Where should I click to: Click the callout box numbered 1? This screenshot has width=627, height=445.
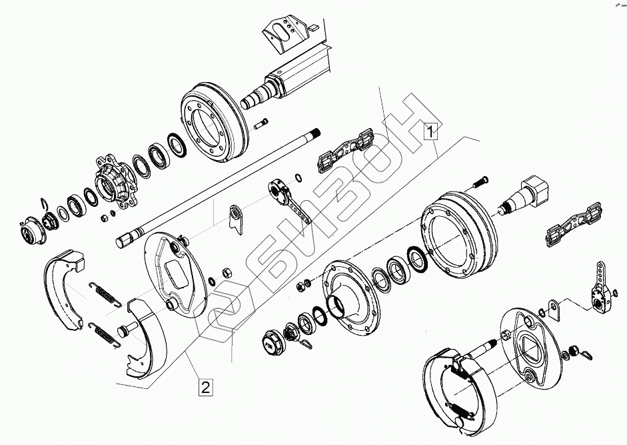click(x=431, y=131)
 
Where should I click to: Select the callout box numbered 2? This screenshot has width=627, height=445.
click(x=205, y=386)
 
